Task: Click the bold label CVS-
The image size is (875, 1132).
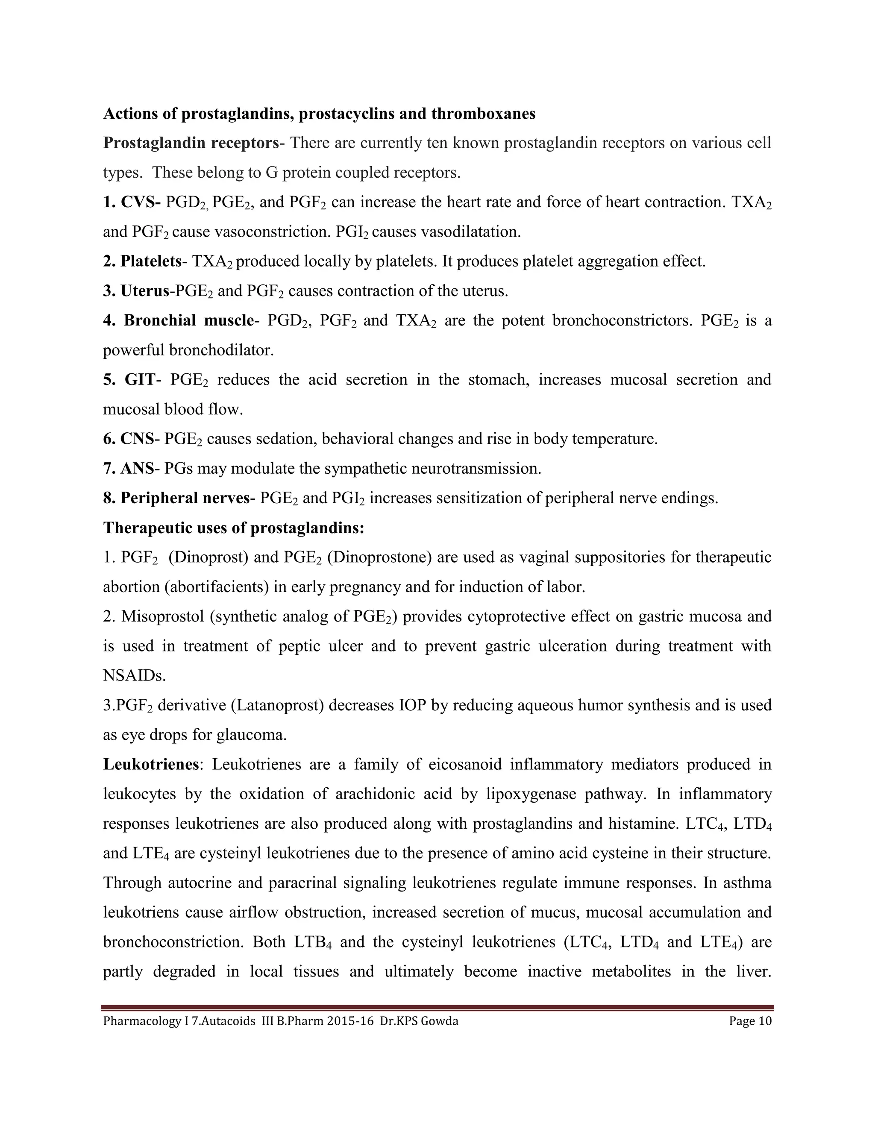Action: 141,202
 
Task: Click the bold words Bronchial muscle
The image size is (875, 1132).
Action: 188,320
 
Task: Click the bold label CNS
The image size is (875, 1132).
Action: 137,439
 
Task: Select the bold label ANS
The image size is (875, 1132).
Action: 137,469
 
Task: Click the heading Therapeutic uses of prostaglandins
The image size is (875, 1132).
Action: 234,528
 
